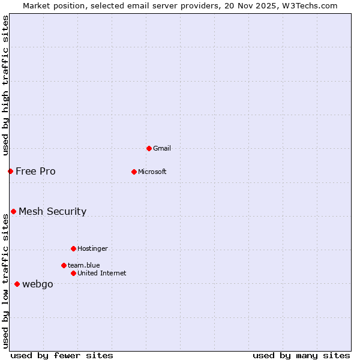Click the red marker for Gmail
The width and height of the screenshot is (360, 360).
(149, 148)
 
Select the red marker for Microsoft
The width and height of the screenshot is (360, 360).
(134, 172)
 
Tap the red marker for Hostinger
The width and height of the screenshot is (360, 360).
(73, 248)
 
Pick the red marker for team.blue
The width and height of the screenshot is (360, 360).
(64, 265)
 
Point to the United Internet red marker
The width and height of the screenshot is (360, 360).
(73, 273)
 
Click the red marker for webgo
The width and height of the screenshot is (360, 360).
(17, 284)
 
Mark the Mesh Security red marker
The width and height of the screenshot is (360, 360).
(13, 211)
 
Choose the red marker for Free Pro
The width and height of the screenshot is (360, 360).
(10, 171)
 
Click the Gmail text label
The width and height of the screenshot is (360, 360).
(162, 148)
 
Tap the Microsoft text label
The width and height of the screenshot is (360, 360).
(152, 172)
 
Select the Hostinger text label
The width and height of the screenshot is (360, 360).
(92, 248)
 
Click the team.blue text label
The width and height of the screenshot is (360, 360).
(83, 265)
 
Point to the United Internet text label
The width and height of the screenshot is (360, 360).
(101, 273)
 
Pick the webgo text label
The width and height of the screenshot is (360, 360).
(37, 284)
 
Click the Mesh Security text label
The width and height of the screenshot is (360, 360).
(52, 211)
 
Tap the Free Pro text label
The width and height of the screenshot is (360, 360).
(35, 171)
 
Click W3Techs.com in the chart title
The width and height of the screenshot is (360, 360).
(310, 6)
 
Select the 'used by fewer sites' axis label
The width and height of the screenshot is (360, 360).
(62, 355)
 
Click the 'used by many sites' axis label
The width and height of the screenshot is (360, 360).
(301, 355)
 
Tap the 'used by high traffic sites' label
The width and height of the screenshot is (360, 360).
(5, 85)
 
